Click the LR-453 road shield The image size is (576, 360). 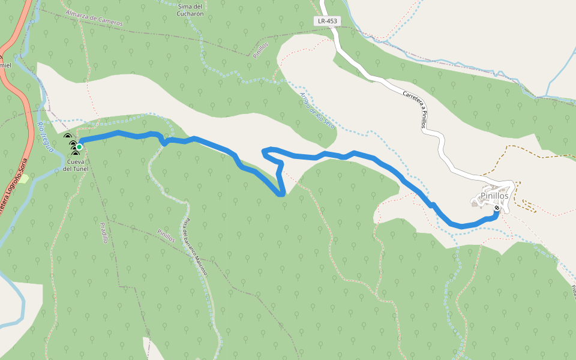(x=327, y=21)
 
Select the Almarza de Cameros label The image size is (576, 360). (x=94, y=19)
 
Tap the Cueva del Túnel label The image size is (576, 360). (x=76, y=166)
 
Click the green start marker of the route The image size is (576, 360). (x=79, y=146)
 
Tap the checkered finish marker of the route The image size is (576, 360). (x=497, y=208)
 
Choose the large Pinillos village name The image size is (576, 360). (x=494, y=196)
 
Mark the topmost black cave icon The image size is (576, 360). (x=67, y=137)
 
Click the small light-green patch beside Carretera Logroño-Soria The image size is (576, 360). (x=23, y=179)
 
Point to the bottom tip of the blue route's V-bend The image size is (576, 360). (x=281, y=194)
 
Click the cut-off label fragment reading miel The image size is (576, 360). (x=5, y=65)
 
